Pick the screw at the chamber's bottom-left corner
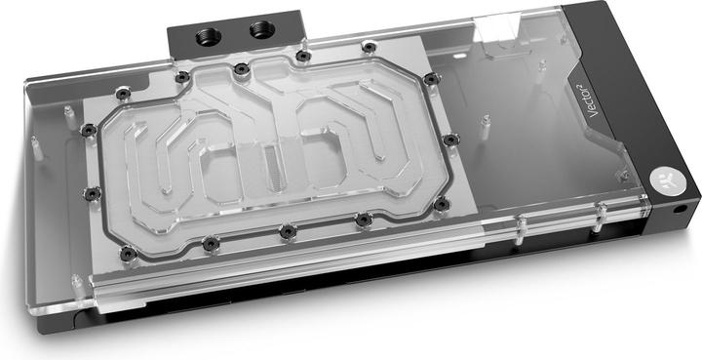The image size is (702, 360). click(208, 243)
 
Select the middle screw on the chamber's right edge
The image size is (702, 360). click(449, 140)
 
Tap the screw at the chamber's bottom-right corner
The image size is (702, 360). click(441, 204)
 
